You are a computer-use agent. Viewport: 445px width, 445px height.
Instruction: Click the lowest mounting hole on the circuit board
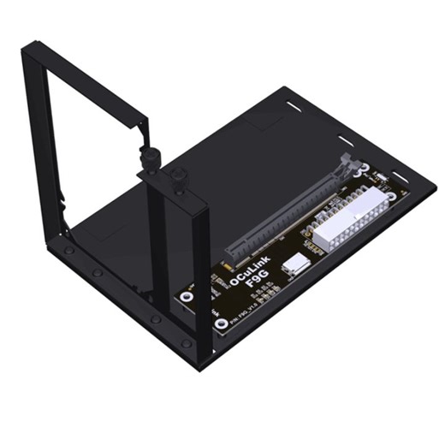point(221,324)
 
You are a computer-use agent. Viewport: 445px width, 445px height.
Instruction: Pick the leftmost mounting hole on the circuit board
point(185,297)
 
